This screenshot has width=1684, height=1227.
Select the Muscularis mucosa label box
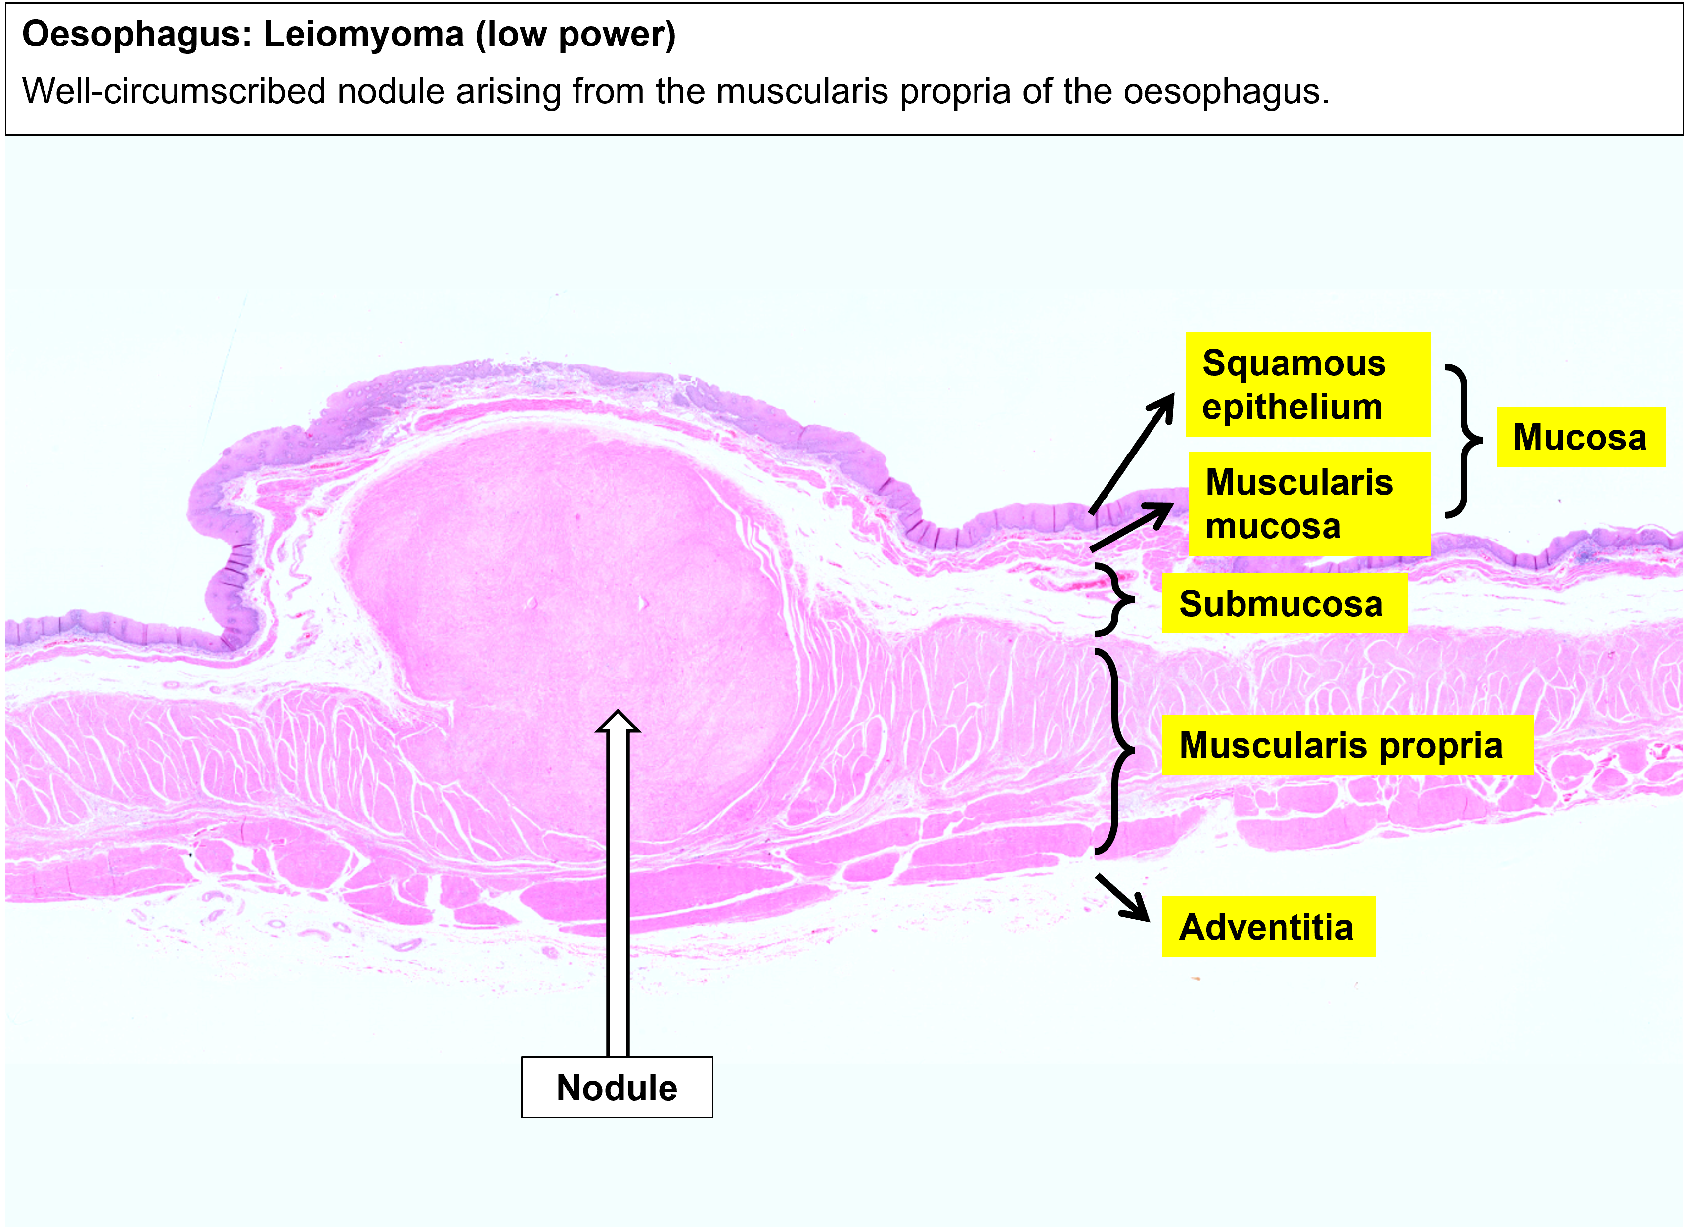point(1309,503)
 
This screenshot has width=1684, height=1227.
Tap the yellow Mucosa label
point(1580,437)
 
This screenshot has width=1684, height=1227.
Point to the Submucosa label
point(1284,603)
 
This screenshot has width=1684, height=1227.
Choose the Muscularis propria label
point(1347,745)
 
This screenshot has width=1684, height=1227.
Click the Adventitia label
point(1268,927)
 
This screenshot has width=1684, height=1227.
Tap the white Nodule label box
point(617,1088)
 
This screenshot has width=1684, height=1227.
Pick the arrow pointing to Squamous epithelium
point(1132,454)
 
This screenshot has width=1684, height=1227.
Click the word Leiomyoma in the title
point(364,34)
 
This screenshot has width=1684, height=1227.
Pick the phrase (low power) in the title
point(576,34)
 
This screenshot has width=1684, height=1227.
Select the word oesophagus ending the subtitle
point(1225,91)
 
